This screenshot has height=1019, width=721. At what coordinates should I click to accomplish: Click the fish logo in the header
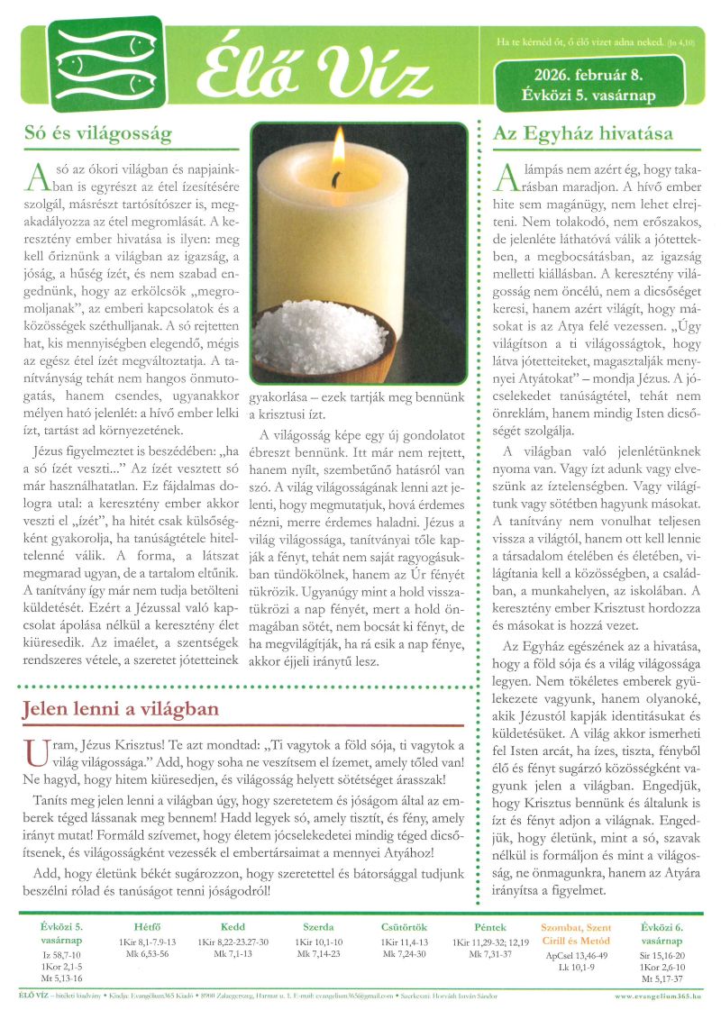106,63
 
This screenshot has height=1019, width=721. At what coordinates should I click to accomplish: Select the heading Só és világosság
97,134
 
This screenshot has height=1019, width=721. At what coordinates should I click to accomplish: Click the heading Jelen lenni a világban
120,709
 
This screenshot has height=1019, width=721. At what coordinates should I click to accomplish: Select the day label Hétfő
145,927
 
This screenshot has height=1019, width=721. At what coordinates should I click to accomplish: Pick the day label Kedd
233,927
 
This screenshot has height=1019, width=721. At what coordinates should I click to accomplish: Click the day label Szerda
318,927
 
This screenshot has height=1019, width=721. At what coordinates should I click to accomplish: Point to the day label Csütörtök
404,927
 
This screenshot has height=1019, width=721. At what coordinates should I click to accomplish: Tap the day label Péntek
490,927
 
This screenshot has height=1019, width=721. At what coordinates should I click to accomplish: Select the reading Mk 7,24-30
404,953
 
